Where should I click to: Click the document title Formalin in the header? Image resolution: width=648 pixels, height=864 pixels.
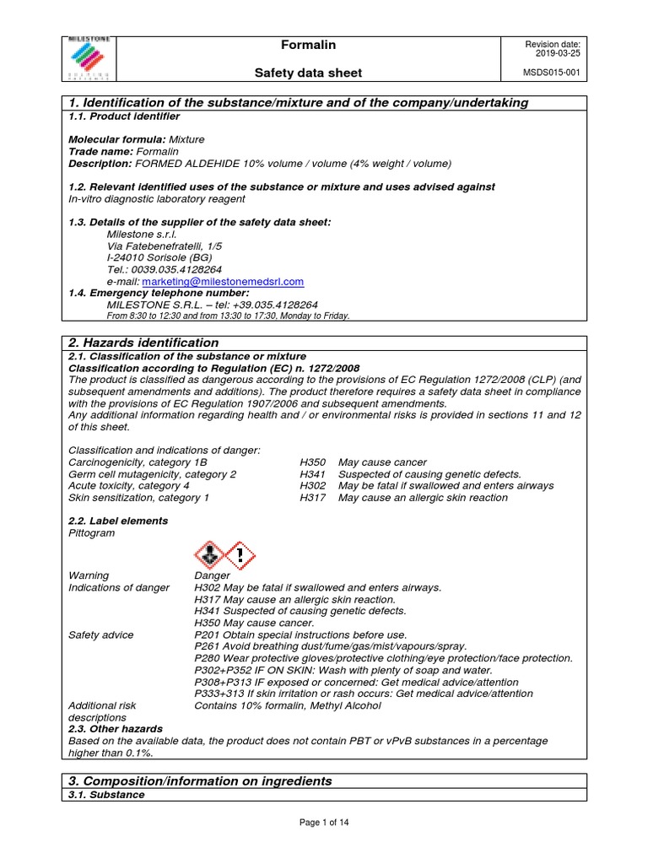314,45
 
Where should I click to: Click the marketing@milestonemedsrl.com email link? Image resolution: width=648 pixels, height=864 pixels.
223,282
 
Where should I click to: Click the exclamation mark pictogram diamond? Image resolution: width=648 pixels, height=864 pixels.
240,556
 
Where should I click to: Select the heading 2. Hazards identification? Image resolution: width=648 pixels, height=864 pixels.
143,343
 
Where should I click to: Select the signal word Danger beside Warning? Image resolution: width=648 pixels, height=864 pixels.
213,575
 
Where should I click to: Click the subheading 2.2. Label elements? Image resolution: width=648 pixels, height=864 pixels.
117,521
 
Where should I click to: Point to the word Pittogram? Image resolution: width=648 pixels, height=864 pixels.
91,533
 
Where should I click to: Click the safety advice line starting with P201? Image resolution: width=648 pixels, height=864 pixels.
300,634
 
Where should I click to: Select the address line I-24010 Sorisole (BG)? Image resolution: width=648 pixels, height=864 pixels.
159,257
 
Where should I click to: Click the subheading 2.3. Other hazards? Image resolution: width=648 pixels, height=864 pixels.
116,728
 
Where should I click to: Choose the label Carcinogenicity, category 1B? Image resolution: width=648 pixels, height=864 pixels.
137,462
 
